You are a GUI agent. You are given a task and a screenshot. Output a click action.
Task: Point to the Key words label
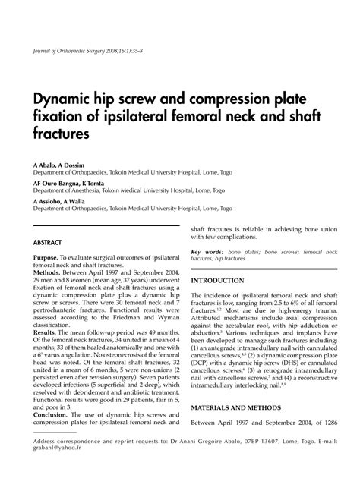tap(206, 251)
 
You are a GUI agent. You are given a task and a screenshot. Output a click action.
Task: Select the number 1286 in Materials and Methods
tap(320, 423)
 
